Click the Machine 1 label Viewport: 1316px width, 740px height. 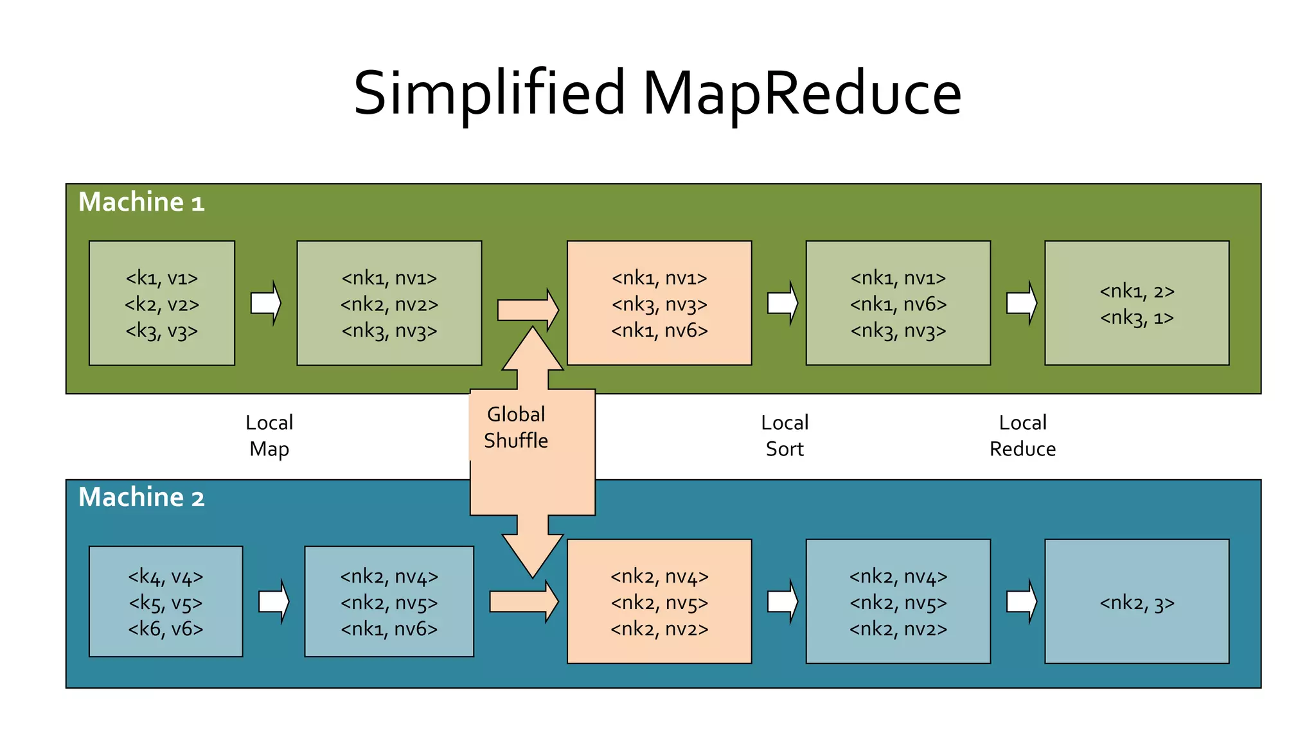pyautogui.click(x=141, y=202)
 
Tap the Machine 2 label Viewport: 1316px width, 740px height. pyautogui.click(x=141, y=498)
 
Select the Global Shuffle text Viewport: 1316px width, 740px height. pyautogui.click(x=516, y=428)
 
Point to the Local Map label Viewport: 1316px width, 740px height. pyautogui.click(x=269, y=436)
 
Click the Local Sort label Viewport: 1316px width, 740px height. pyautogui.click(x=785, y=436)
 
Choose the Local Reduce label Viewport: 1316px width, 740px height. pyautogui.click(x=1022, y=436)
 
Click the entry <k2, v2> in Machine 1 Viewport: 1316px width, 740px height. pyautogui.click(x=162, y=304)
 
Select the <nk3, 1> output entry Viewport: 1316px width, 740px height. pyautogui.click(x=1137, y=318)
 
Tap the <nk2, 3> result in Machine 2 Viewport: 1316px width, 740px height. pyautogui.click(x=1137, y=603)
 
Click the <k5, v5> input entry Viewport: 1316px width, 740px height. pyautogui.click(x=166, y=603)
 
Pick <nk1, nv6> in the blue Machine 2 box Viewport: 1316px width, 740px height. pyautogui.click(x=389, y=629)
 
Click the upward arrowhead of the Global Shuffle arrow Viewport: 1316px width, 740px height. pyautogui.click(x=533, y=350)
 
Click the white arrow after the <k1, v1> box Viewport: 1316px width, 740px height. pyautogui.click(x=266, y=303)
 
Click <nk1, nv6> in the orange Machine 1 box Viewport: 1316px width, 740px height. pyautogui.click(x=659, y=331)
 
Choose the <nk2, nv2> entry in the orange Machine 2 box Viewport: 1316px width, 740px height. pyautogui.click(x=659, y=629)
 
